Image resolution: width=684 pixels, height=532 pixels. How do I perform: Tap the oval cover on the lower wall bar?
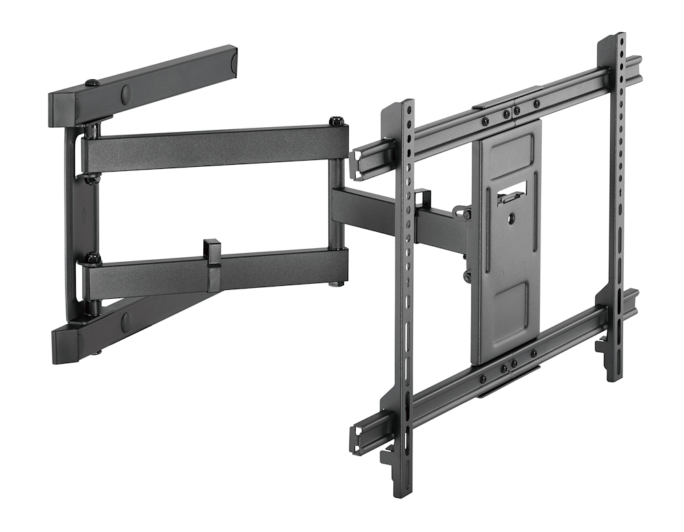coord(125,321)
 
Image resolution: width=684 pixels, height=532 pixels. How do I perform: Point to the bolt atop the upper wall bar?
coord(92,83)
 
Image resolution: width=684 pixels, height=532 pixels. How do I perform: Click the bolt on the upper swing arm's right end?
coord(336,122)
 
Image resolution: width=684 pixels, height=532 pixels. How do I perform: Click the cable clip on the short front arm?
coord(422,198)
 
